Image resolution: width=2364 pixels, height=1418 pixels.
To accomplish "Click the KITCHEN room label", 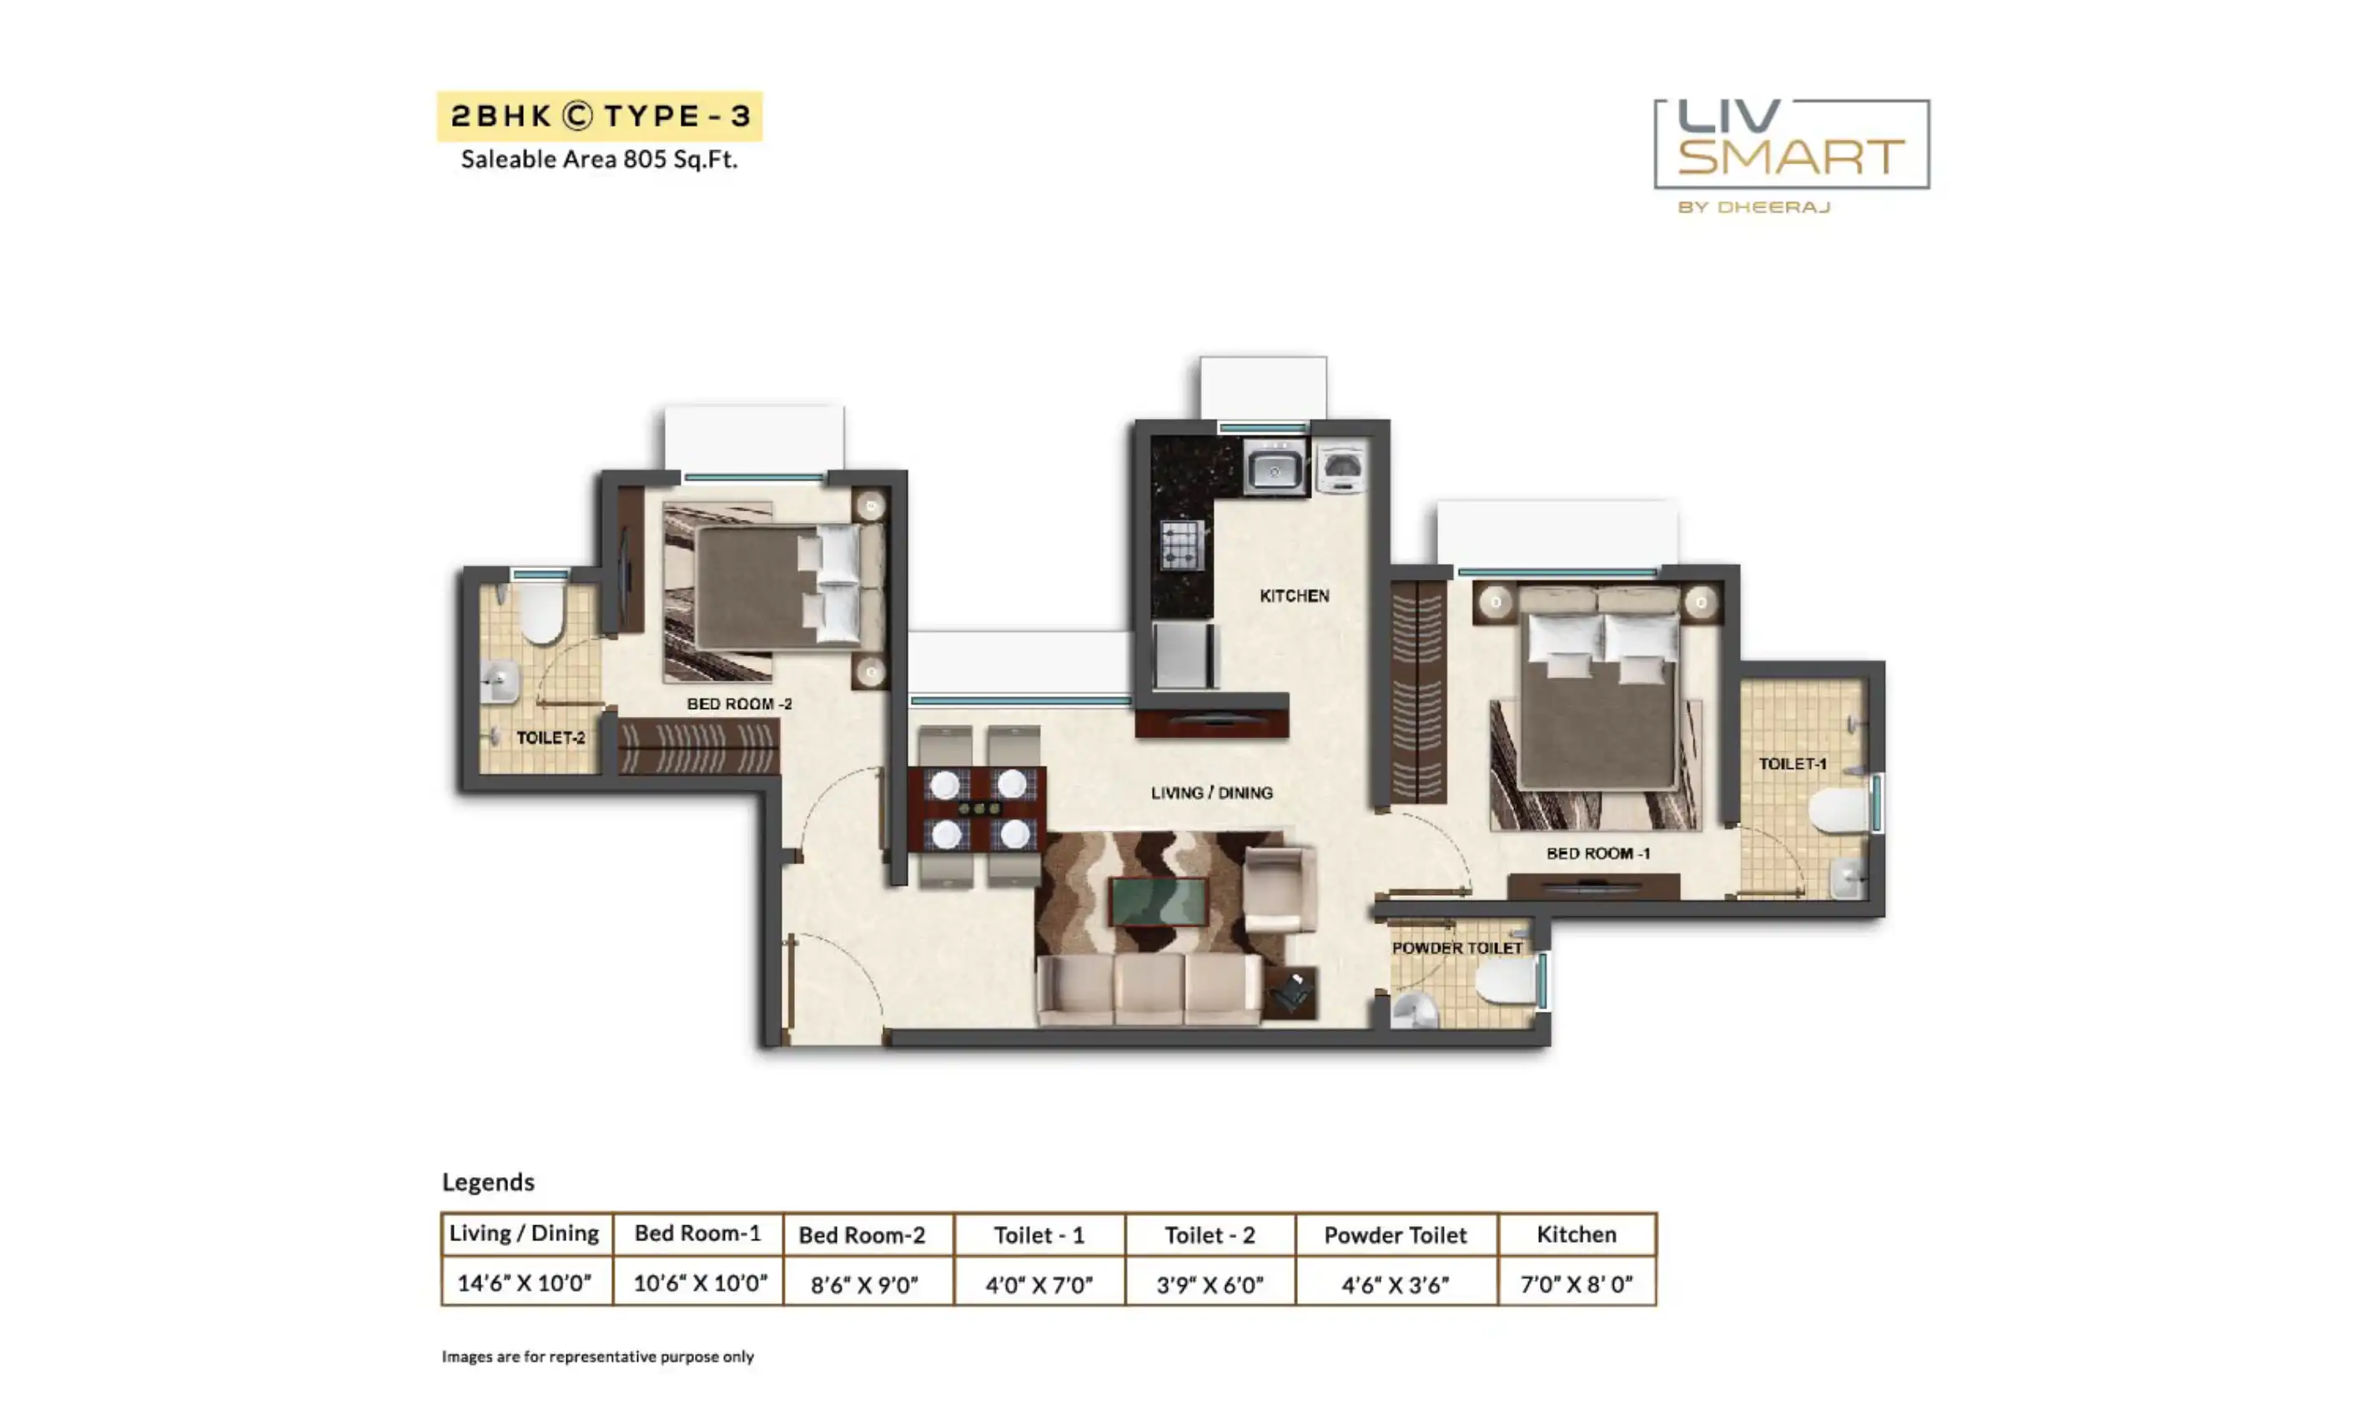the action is [1294, 596].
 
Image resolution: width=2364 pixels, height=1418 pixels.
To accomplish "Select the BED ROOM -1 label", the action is [1597, 853].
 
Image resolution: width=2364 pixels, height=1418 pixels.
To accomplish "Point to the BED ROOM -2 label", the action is [738, 703].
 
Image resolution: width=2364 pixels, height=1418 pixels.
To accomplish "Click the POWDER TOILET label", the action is [1456, 948].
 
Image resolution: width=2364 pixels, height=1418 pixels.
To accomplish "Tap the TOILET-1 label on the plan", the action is [1792, 763].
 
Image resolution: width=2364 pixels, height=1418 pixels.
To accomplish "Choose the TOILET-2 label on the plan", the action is [551, 737].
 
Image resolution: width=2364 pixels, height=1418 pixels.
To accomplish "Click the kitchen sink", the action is [1275, 467].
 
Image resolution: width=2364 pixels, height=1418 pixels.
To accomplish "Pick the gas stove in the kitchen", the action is [1182, 545].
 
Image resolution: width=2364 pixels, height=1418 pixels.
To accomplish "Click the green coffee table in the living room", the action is [1158, 901].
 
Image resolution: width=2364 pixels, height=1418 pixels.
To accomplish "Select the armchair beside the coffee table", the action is [1279, 888].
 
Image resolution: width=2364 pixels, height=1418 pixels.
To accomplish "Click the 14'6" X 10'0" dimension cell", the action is [525, 1282].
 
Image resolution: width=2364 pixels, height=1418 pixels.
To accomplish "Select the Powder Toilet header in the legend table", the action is [1395, 1234].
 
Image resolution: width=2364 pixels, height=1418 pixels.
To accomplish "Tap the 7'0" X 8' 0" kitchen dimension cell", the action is [1576, 1283].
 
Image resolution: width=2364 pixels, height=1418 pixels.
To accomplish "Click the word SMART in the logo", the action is [1791, 157].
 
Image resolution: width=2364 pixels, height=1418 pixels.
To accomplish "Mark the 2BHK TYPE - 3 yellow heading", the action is [600, 116].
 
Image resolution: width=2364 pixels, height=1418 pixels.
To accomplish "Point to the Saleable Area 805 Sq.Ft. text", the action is [599, 159].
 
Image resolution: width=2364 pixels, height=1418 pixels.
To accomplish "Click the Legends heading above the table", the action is [488, 1182].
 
